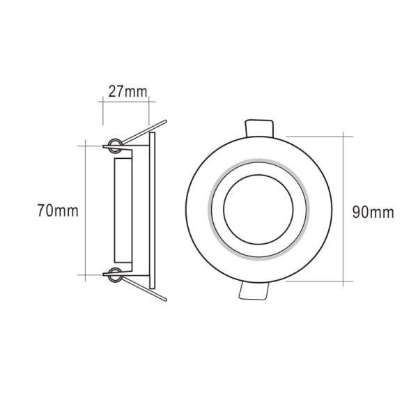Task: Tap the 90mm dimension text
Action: click(x=372, y=212)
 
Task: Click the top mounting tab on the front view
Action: click(x=259, y=127)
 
